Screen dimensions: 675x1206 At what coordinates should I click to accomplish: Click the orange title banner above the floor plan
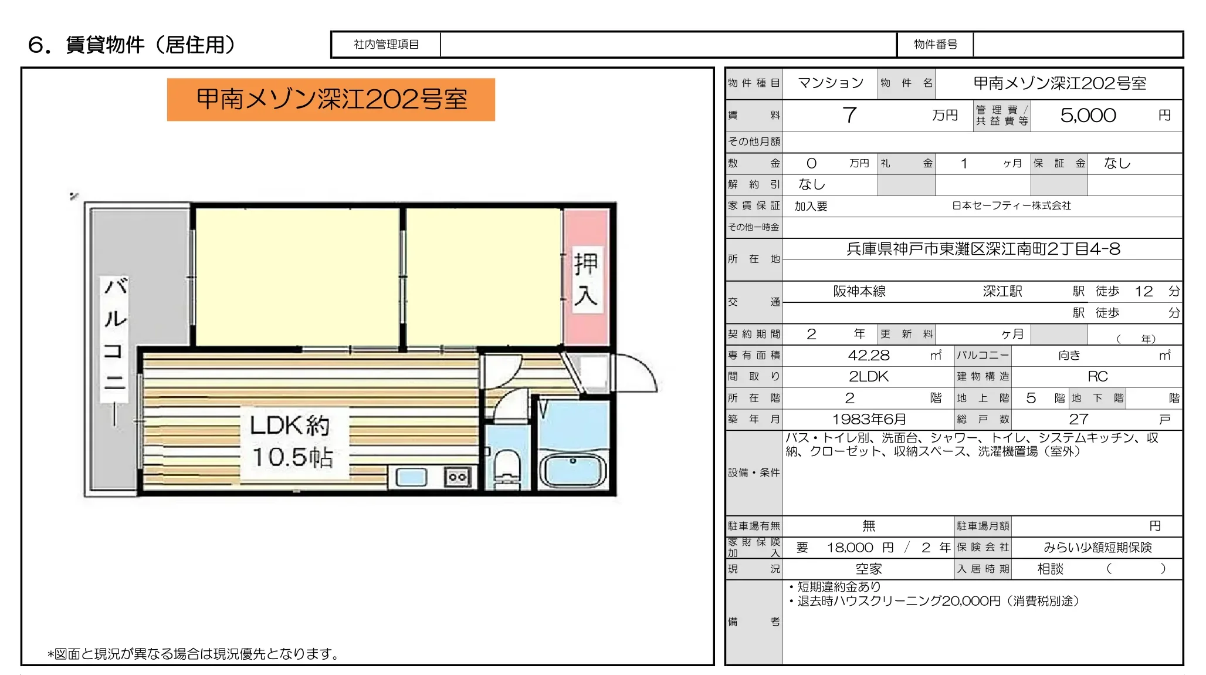click(x=331, y=99)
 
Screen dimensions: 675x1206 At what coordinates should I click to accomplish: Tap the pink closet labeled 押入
click(x=585, y=279)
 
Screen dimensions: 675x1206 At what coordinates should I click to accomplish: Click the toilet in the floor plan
click(x=507, y=467)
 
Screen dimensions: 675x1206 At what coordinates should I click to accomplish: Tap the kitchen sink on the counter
click(x=411, y=477)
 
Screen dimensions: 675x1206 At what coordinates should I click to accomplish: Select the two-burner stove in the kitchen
click(x=458, y=477)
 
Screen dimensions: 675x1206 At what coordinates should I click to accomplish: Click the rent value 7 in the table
click(x=849, y=115)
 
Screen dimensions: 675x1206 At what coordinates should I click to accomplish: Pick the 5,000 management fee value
click(x=1088, y=115)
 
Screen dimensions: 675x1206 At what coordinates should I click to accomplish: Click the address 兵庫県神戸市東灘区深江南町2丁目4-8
click(x=983, y=249)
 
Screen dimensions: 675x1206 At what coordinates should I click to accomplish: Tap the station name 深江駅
click(x=1002, y=291)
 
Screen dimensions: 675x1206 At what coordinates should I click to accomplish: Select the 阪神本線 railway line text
click(x=859, y=291)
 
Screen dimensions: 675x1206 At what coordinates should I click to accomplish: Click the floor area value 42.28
click(x=869, y=355)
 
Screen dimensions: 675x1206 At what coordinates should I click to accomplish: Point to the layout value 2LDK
click(x=869, y=376)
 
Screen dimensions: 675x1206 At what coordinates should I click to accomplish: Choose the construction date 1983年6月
click(x=869, y=419)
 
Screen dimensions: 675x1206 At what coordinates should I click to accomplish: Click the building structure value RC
click(x=1097, y=376)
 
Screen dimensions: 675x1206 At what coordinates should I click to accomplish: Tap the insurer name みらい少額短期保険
click(x=1097, y=548)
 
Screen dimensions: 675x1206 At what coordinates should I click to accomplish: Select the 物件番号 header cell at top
click(x=935, y=45)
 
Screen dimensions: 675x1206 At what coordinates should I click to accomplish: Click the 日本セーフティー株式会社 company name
click(x=1011, y=206)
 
